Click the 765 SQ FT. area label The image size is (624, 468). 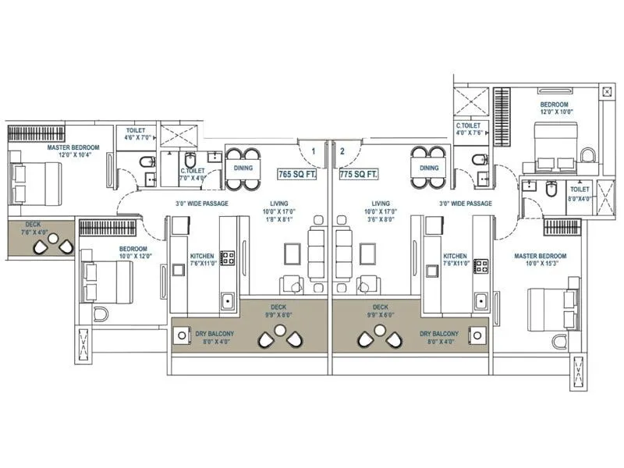tap(297, 175)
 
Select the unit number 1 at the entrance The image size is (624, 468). tap(312, 151)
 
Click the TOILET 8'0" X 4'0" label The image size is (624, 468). tap(579, 193)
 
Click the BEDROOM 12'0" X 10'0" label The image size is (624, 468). tap(555, 108)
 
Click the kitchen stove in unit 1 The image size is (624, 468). tap(229, 257)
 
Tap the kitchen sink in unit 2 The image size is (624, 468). tap(481, 300)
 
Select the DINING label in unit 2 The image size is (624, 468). tap(428, 168)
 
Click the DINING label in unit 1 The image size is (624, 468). tap(242, 168)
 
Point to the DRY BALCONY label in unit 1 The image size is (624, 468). tap(193, 337)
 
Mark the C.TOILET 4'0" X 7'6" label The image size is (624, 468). tap(471, 129)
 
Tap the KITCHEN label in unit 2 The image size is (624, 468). tap(455, 260)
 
